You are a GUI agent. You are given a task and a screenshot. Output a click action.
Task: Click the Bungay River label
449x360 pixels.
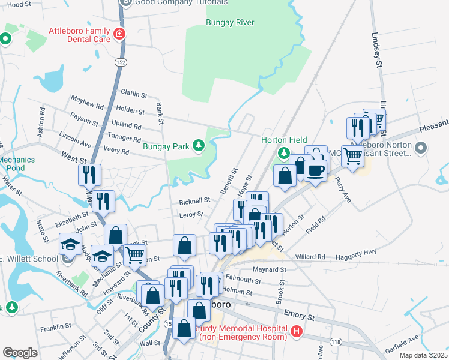pos(230,23)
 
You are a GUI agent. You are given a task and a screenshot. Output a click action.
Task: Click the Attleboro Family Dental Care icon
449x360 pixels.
pos(121,34)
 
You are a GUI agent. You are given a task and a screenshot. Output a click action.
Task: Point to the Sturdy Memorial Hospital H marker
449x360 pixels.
pos(295,331)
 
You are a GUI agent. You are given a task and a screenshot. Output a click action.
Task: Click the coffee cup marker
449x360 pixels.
pos(315,170)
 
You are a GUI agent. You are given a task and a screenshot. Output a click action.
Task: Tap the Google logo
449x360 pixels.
pos(20,352)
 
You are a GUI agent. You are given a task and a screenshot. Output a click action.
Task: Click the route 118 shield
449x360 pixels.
pos(335,341)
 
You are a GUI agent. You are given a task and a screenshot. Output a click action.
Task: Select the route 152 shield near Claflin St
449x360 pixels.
pos(104,62)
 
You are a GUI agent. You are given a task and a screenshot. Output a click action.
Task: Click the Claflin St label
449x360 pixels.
pos(134,94)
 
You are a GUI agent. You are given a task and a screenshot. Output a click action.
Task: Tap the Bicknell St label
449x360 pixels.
pos(194,200)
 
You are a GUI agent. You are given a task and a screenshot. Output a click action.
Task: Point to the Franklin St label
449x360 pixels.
pos(56,328)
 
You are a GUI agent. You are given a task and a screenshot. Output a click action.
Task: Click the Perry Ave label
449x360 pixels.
pos(343,189)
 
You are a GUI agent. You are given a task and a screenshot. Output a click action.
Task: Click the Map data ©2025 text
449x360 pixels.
pos(424,355)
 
